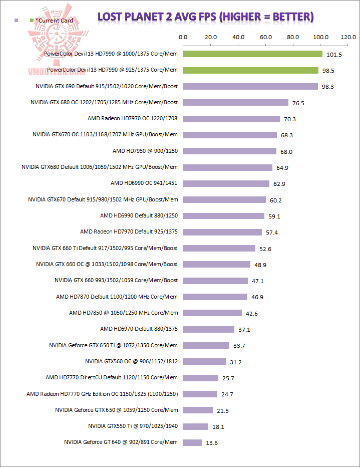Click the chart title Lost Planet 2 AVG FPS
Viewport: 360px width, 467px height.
pyautogui.click(x=205, y=17)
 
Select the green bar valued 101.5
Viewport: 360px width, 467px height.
pyautogui.click(x=252, y=54)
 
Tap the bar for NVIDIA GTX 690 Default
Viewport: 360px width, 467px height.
pyautogui.click(x=250, y=86)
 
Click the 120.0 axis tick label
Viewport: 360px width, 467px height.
pyautogui.click(x=347, y=37)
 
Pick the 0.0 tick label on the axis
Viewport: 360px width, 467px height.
pyautogui.click(x=183, y=37)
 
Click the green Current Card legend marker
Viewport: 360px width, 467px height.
pyautogui.click(x=32, y=21)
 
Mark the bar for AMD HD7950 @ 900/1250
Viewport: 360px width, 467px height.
pyautogui.click(x=230, y=151)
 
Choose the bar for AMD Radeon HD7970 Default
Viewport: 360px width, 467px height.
pyautogui.click(x=222, y=232)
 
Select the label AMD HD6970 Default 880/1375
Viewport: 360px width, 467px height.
pyautogui.click(x=139, y=329)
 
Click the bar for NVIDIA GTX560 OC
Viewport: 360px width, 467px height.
pyautogui.click(x=204, y=361)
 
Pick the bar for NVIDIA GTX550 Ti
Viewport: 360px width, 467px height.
pyautogui.click(x=195, y=426)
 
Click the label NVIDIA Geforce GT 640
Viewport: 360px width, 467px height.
pyautogui.click(x=121, y=442)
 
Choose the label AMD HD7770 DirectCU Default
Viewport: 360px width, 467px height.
pyautogui.click(x=112, y=378)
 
